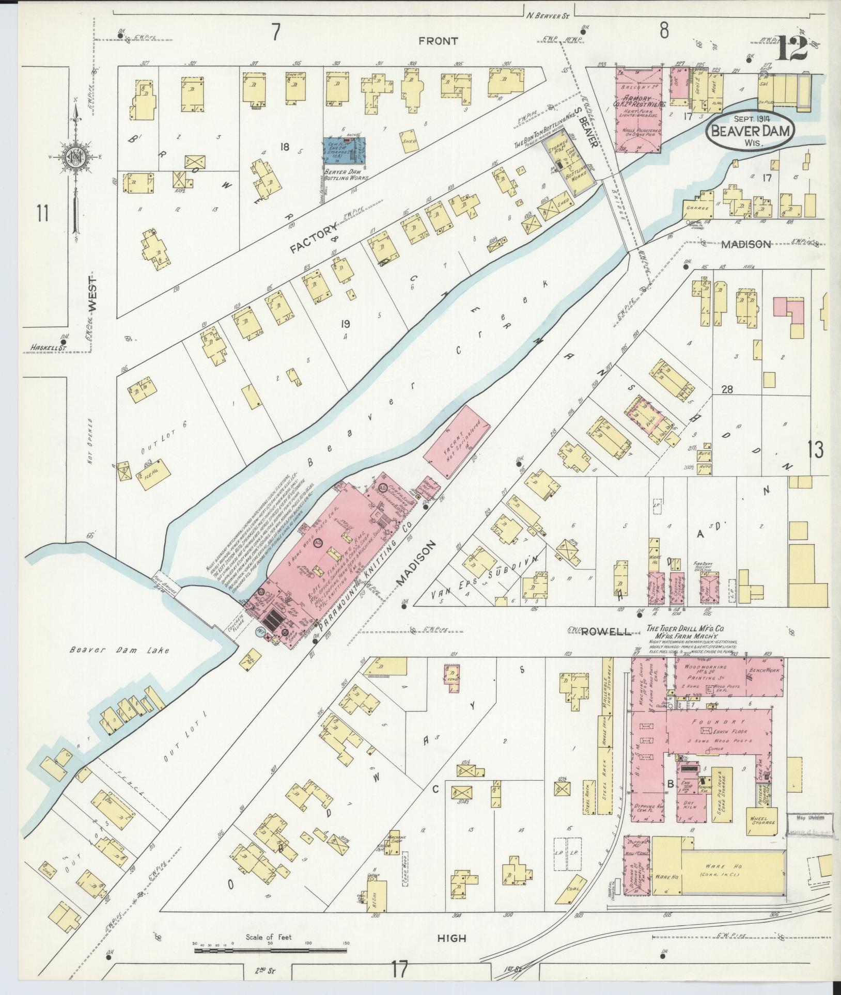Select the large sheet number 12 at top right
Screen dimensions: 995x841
pyautogui.click(x=790, y=49)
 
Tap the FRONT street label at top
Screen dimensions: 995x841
pyautogui.click(x=438, y=41)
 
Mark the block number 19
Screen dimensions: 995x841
pyautogui.click(x=345, y=324)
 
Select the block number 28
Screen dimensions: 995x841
pyautogui.click(x=727, y=390)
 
